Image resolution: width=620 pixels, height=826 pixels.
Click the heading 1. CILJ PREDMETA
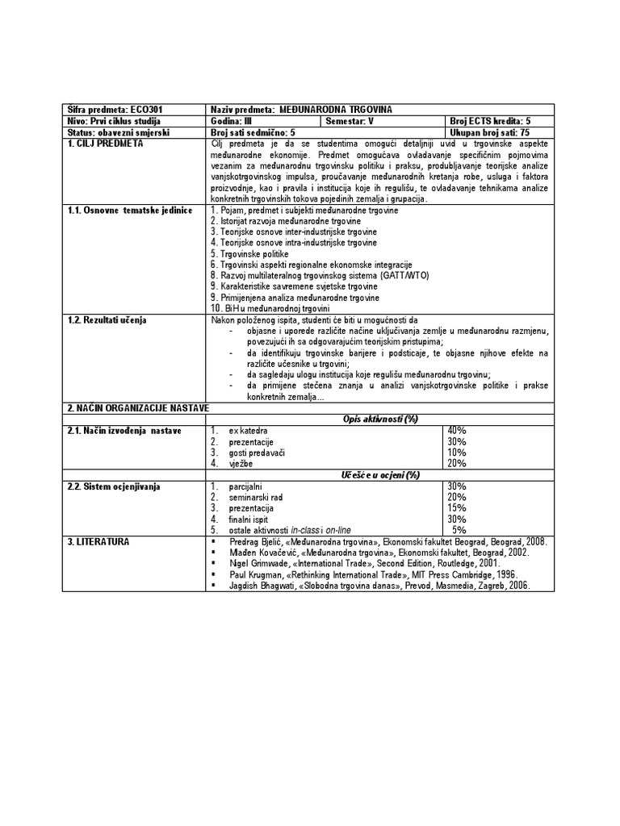(x=105, y=143)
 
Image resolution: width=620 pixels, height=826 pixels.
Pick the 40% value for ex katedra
(x=457, y=431)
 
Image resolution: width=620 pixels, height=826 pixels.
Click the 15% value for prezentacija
(x=457, y=508)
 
